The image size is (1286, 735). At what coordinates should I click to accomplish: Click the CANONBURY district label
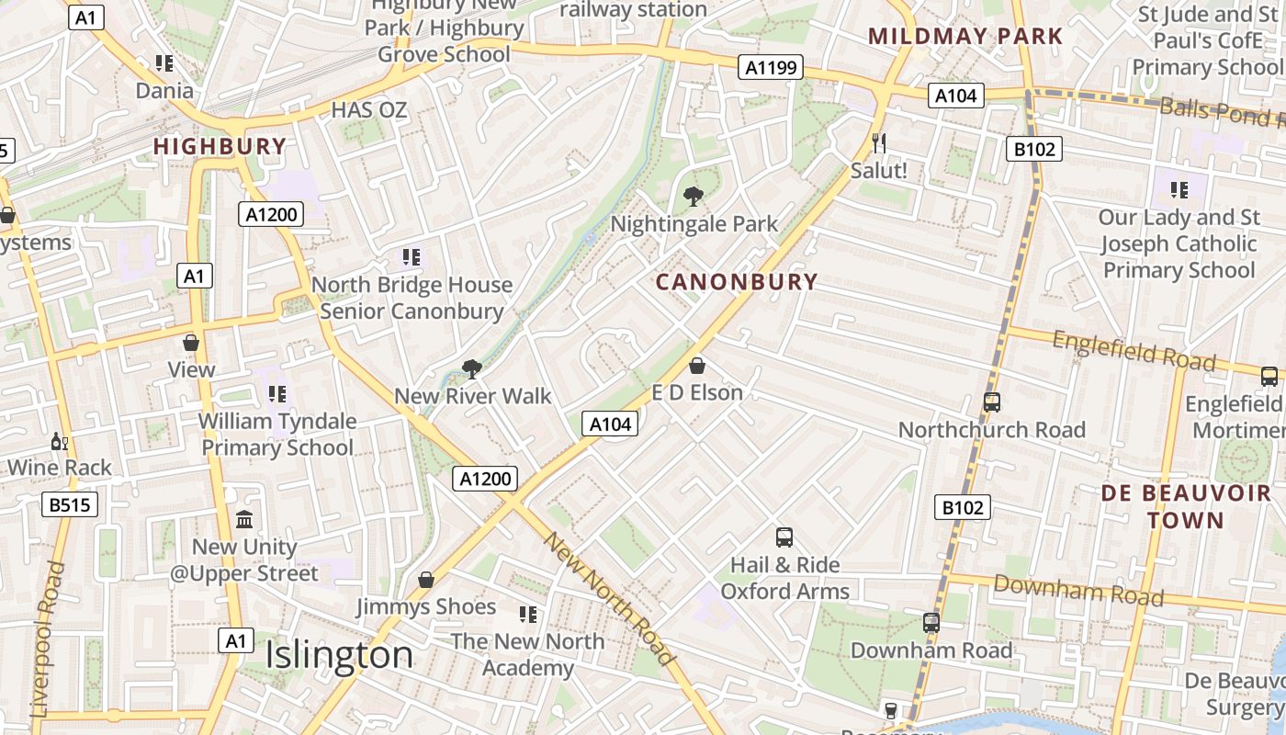point(737,282)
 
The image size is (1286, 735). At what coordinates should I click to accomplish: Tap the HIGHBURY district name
point(220,146)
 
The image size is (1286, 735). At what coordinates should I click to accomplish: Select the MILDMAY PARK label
point(965,37)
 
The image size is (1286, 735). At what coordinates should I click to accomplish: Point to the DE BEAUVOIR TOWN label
point(1186,506)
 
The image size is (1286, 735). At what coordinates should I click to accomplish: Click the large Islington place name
point(339,656)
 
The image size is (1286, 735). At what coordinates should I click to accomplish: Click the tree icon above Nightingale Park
point(694,196)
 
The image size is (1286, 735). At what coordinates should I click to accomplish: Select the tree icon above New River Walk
point(472,369)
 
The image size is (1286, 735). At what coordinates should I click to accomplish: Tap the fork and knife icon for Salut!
point(879,142)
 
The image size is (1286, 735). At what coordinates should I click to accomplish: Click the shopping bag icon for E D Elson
point(697,366)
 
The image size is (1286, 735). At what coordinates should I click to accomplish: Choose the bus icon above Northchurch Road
point(991,401)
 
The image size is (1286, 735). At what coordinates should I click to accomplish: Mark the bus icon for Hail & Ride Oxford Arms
point(784,537)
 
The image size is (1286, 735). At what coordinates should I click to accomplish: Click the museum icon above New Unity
point(244,520)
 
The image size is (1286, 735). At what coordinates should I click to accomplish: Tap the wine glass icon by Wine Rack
point(60,441)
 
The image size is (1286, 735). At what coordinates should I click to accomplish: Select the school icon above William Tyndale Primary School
point(277,394)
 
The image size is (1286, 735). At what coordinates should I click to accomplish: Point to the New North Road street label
point(609,598)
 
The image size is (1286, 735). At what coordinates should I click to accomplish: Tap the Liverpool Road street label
point(47,639)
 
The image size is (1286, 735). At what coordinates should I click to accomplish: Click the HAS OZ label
point(368,110)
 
